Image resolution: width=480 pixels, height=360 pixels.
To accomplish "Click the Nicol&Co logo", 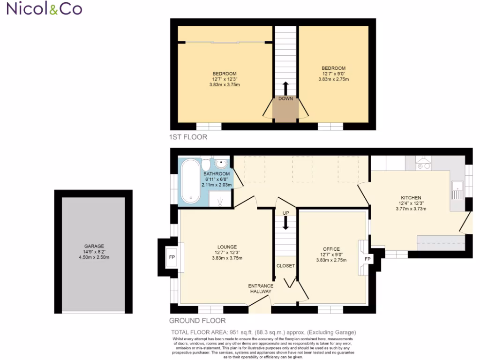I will [44, 9].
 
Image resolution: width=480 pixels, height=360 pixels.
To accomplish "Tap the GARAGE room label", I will [94, 246].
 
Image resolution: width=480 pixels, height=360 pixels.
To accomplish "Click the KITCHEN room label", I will [411, 198].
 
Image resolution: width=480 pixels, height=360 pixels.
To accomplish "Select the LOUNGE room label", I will [227, 247].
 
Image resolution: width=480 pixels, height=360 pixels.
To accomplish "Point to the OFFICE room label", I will [331, 249].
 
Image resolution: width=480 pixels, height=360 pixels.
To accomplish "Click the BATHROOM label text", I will [216, 174].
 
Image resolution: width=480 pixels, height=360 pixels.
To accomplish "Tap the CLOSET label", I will [285, 266].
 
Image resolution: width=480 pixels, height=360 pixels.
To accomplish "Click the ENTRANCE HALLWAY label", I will [260, 288].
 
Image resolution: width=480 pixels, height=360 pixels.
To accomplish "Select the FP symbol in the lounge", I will [171, 257].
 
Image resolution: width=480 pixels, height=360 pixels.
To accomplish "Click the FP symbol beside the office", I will [367, 259].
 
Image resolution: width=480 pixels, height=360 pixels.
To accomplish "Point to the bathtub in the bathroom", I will [190, 181].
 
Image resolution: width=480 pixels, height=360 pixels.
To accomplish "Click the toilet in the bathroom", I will [206, 164].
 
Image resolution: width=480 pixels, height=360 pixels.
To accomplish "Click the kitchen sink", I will [457, 190].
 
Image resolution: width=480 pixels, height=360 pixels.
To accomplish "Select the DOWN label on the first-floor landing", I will [285, 99].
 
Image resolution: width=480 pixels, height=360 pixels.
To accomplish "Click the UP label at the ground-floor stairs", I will [285, 213].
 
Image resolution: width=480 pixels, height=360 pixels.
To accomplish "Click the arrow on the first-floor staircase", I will [285, 88].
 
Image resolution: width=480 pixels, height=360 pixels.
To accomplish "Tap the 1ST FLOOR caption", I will [188, 137].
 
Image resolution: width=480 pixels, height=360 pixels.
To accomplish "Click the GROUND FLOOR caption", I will [197, 321].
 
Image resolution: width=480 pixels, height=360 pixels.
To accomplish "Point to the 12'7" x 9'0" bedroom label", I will [333, 74].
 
